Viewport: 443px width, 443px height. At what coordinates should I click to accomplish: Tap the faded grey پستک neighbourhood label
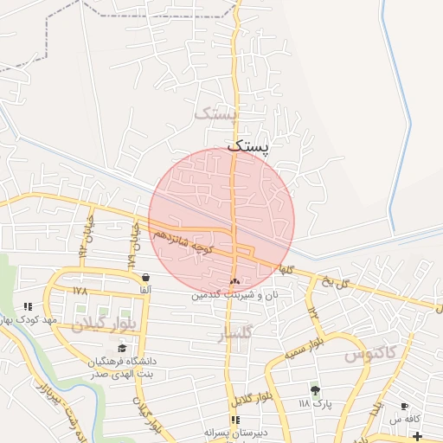215,113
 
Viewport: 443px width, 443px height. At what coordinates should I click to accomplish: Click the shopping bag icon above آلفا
144,278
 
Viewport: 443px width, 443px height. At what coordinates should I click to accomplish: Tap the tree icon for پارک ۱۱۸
315,391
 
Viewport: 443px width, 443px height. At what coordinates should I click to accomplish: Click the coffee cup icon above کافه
404,407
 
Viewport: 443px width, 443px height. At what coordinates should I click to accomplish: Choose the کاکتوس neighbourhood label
369,354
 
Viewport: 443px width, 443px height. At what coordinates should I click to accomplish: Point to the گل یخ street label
333,281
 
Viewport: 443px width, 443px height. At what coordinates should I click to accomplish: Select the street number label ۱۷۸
80,291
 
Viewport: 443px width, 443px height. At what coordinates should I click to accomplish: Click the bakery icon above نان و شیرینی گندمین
235,281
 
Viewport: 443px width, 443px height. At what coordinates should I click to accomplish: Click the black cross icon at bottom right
419,434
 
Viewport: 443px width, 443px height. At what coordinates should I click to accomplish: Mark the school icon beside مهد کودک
28,306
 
